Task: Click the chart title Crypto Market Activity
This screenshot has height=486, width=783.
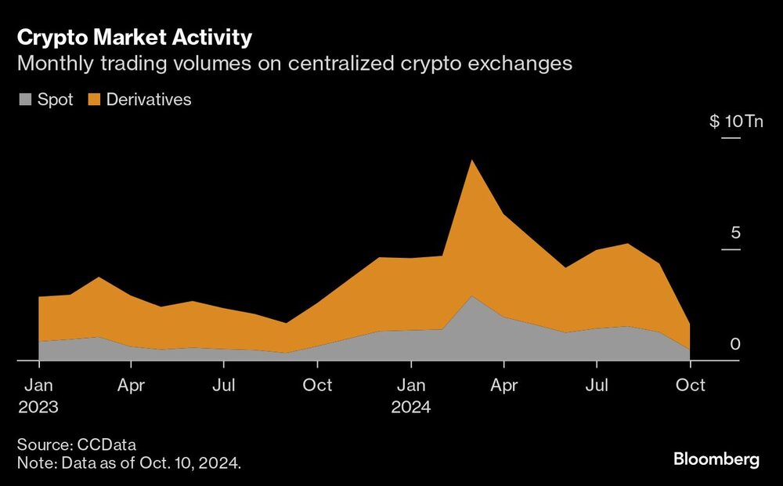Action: tap(135, 37)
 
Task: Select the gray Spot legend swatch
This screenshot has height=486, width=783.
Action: tap(25, 100)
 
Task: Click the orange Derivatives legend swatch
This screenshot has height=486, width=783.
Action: tap(94, 100)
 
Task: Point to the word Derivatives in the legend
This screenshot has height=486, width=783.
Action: tap(149, 100)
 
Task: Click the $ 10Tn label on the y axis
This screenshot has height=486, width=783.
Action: tap(735, 122)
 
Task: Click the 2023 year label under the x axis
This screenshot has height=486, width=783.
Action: tap(38, 408)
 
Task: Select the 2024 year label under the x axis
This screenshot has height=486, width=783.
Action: tap(411, 408)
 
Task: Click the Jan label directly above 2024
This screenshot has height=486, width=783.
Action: tap(411, 386)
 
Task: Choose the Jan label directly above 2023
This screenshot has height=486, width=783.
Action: tap(38, 386)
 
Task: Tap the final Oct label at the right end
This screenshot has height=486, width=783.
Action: tap(690, 386)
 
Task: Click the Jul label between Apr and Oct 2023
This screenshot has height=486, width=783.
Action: tap(225, 386)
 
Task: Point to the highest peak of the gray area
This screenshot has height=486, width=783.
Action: tap(471, 297)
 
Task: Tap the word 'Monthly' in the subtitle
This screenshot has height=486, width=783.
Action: tap(49, 64)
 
